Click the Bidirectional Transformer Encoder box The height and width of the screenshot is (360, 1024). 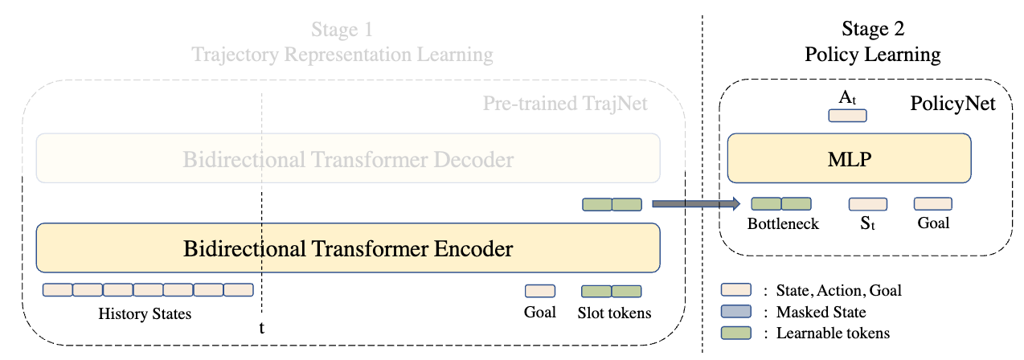click(x=348, y=248)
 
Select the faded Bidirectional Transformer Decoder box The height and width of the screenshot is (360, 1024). click(x=348, y=159)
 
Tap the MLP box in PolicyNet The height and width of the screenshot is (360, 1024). click(x=849, y=158)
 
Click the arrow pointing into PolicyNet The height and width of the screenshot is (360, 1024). click(x=695, y=205)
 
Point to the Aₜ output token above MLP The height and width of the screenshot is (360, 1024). click(x=847, y=115)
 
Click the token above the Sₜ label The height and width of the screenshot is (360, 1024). click(x=868, y=204)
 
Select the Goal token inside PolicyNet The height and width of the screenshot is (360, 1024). click(x=932, y=204)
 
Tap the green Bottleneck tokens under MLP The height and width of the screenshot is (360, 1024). click(x=781, y=204)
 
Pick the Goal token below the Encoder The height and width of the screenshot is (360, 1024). click(x=539, y=292)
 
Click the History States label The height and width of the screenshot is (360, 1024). click(x=145, y=313)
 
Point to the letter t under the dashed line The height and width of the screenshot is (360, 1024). click(x=260, y=328)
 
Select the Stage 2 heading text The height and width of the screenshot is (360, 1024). click(x=873, y=30)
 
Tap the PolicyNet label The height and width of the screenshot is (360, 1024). click(x=952, y=104)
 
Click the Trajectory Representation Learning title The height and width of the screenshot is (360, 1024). click(x=342, y=55)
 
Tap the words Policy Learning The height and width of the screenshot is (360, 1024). click(x=873, y=55)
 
